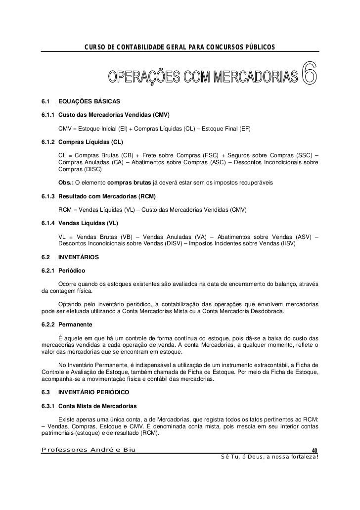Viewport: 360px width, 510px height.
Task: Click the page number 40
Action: click(314, 450)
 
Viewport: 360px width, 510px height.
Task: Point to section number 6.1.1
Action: click(48, 115)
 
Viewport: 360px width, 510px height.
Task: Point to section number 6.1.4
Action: click(48, 224)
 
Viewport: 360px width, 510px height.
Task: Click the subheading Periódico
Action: click(72, 271)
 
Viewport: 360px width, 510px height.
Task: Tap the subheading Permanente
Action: click(75, 325)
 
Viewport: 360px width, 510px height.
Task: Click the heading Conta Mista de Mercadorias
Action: click(97, 406)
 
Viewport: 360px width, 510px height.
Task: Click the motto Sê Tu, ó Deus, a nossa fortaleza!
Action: click(269, 456)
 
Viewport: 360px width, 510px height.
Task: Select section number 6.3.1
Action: click(48, 406)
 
